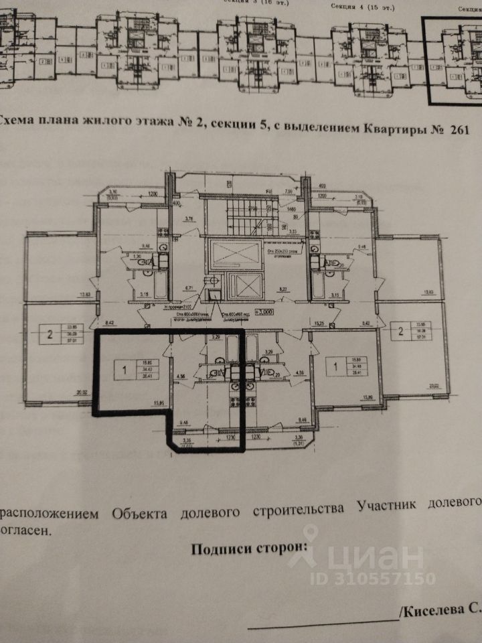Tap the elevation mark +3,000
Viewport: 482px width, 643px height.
[x=265, y=311]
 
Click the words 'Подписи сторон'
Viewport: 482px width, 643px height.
[x=249, y=549]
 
